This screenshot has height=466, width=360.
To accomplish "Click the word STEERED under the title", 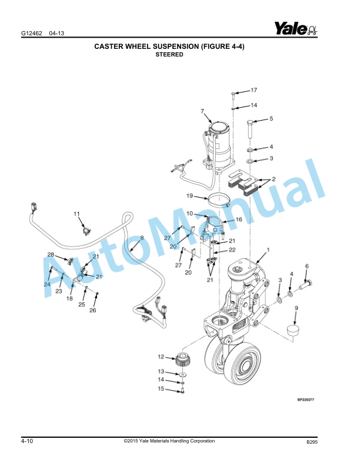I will tap(169, 55).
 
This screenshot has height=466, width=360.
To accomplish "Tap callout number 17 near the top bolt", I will tap(254, 91).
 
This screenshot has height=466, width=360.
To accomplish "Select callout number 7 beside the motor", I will tap(202, 111).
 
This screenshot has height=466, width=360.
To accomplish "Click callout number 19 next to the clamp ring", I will tap(190, 195).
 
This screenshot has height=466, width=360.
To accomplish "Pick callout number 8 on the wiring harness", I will tap(142, 238).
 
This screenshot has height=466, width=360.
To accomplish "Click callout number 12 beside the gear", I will tap(161, 357).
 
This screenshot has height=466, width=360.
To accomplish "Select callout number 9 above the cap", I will tap(296, 308).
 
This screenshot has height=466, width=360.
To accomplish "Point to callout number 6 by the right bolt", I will tap(306, 267).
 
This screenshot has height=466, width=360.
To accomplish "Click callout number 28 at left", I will tap(51, 254).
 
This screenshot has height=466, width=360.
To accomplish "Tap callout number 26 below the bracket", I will tap(92, 311).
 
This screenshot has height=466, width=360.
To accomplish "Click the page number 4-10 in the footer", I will tap(26, 441).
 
